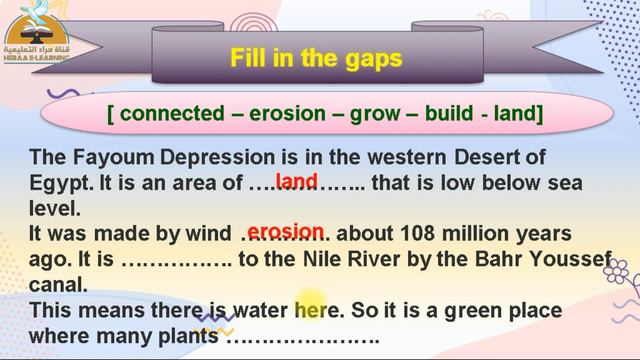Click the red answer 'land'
click(x=296, y=181)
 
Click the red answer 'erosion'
click(x=286, y=232)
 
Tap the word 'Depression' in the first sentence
click(x=204, y=158)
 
